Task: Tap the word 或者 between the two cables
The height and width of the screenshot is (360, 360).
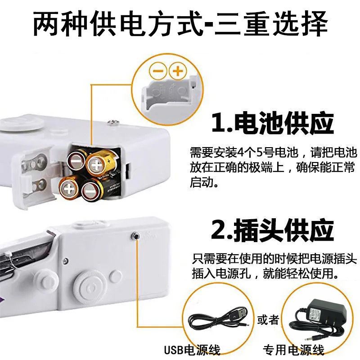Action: (x=268, y=320)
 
